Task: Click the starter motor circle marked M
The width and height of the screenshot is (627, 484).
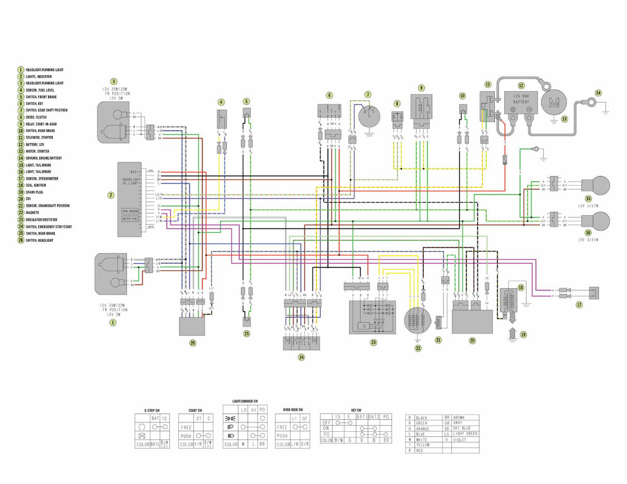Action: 554,102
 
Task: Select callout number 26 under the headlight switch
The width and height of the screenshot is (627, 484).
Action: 193,343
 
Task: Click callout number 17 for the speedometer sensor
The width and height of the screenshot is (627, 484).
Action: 579,305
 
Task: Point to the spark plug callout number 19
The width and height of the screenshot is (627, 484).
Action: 523,335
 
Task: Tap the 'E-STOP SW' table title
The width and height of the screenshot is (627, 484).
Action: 152,410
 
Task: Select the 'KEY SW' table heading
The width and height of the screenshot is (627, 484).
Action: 355,409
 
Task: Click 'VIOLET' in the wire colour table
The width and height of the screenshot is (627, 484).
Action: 460,439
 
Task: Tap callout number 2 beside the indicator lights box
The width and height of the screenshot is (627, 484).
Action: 110,195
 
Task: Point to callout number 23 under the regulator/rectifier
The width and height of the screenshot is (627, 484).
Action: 373,343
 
